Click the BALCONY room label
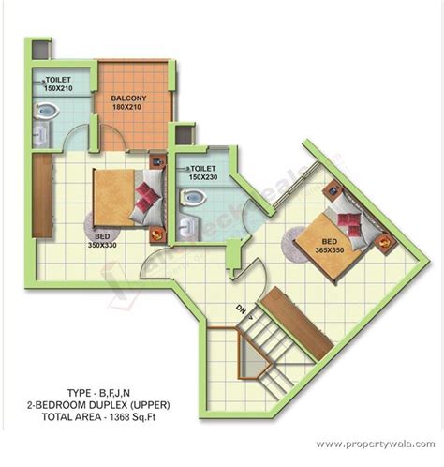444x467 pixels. [x=128, y=98]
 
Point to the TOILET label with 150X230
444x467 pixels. [x=201, y=166]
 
